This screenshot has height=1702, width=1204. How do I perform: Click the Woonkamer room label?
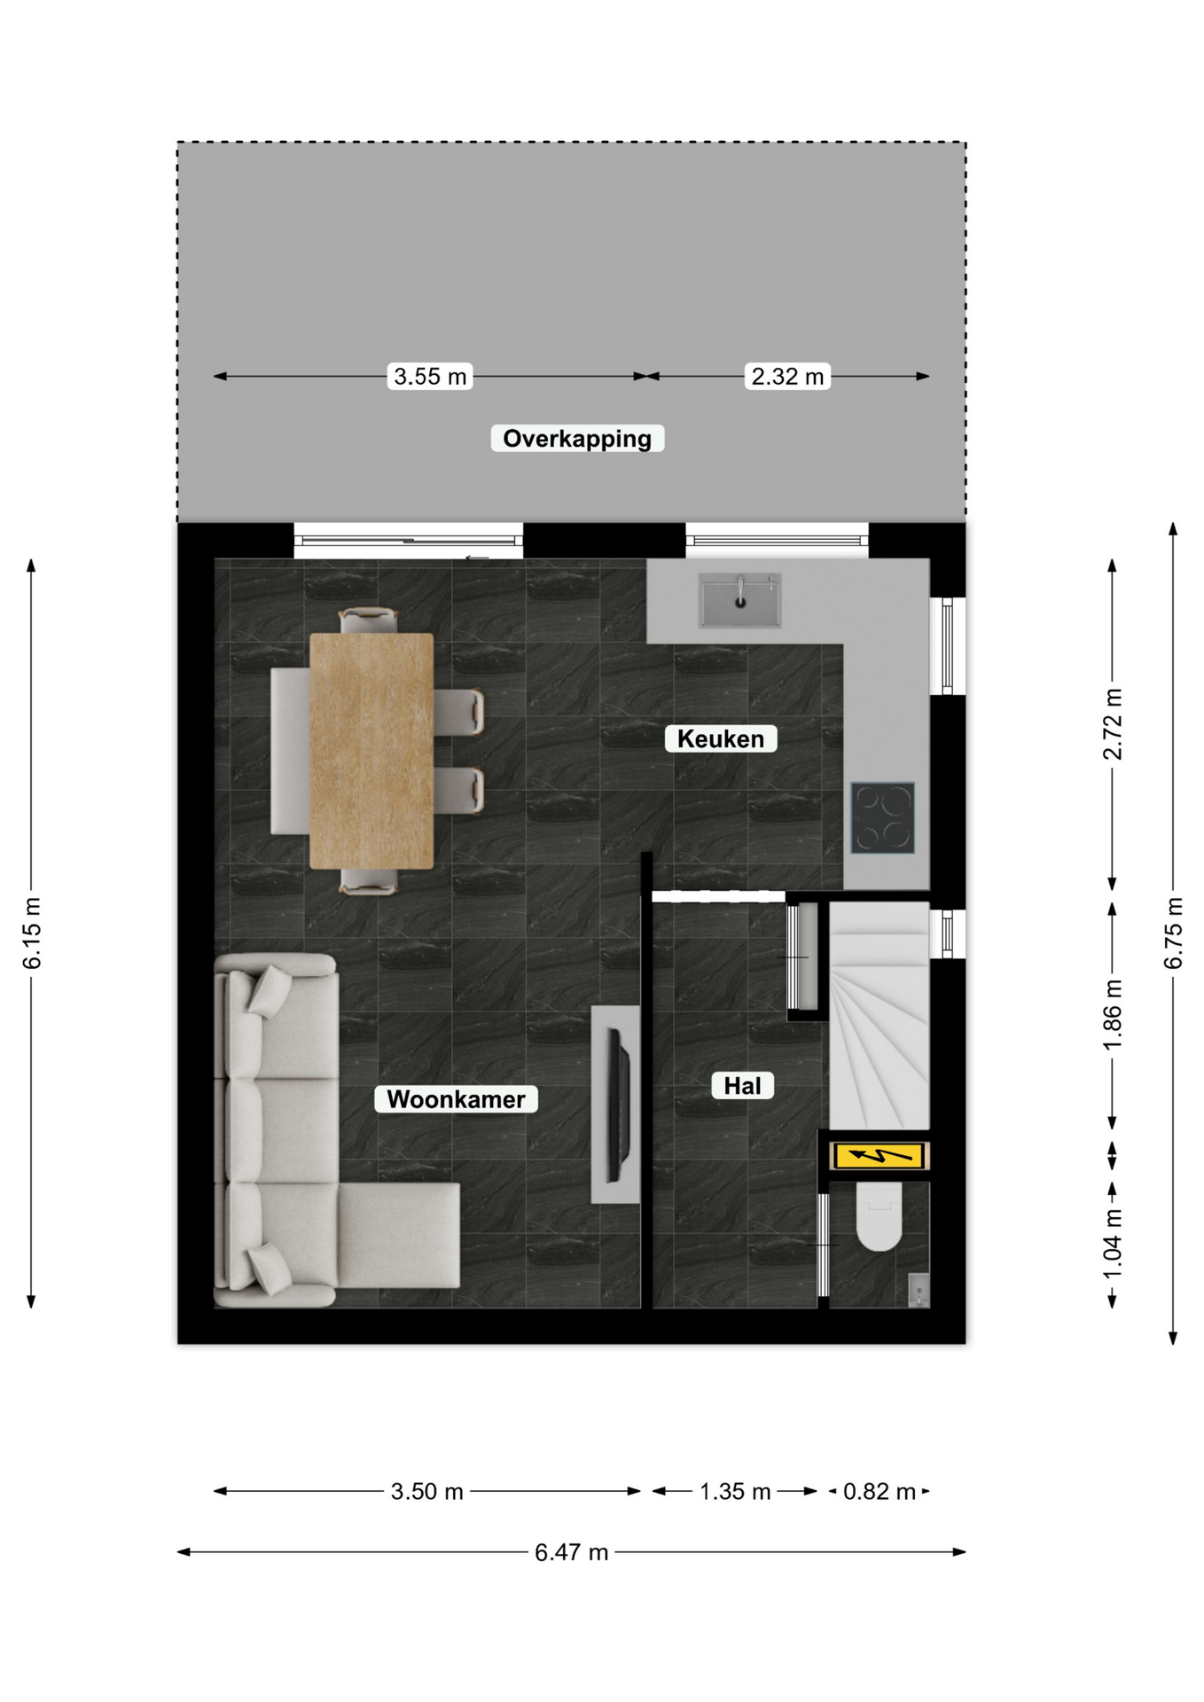tap(456, 1099)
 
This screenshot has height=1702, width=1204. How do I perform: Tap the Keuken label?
tap(721, 738)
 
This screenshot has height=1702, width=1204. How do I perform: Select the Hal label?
tap(742, 1086)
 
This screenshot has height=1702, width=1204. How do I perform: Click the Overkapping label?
tap(577, 439)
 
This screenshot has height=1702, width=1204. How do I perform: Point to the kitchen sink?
tap(740, 600)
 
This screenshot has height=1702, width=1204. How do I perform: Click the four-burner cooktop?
tap(883, 817)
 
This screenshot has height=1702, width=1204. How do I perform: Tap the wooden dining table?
tap(371, 751)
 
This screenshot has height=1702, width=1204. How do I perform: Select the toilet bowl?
tap(879, 1216)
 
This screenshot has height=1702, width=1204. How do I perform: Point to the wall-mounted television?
tap(618, 1105)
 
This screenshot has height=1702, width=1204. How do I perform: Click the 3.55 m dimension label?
tap(430, 376)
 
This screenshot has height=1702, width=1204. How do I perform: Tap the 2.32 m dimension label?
tap(787, 376)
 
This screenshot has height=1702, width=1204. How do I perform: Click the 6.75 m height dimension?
tap(1173, 933)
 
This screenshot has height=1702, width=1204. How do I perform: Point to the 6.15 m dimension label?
tap(31, 933)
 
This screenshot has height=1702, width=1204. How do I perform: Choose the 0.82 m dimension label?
tap(879, 1492)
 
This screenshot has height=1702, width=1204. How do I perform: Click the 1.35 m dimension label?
tap(735, 1492)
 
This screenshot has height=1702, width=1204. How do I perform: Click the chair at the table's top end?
tap(368, 620)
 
